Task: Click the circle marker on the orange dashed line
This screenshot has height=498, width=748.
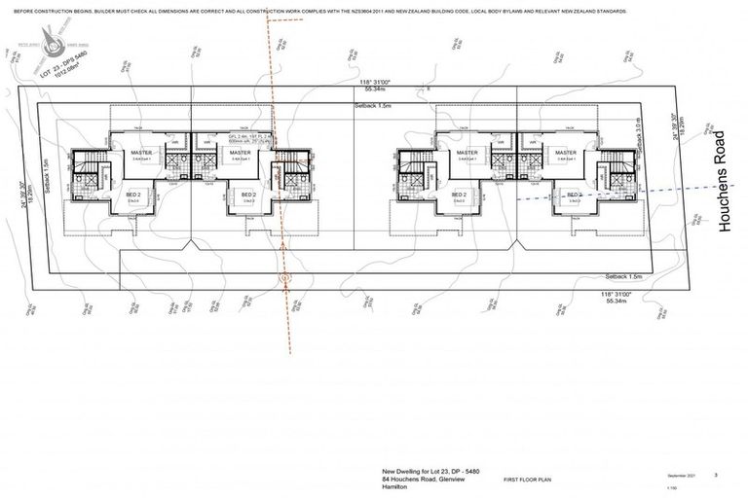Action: click(x=285, y=278)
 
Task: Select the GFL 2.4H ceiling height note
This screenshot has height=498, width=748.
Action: click(x=239, y=136)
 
